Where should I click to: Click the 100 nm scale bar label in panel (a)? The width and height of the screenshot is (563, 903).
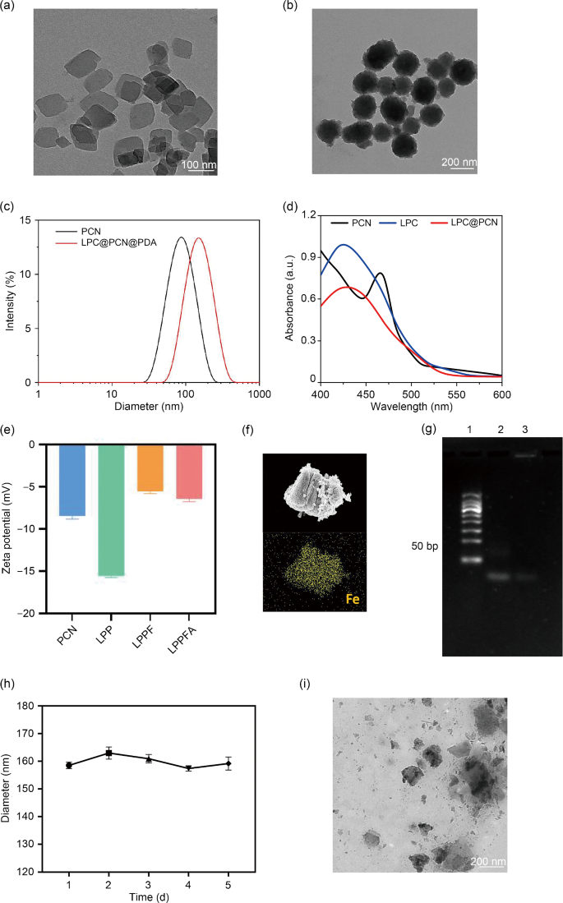201,165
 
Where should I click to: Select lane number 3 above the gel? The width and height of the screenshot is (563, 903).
525,430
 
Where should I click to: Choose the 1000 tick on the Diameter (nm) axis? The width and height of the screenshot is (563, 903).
260,394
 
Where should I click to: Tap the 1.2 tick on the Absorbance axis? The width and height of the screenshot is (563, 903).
310,214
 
